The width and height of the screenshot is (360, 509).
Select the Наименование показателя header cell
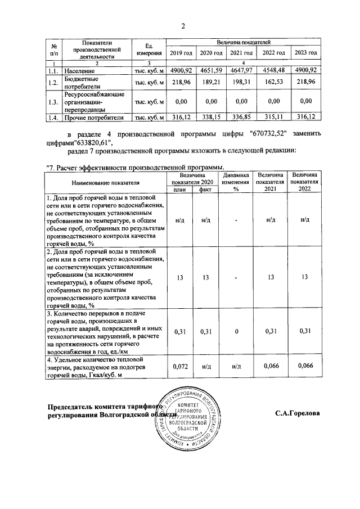[105, 183]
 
